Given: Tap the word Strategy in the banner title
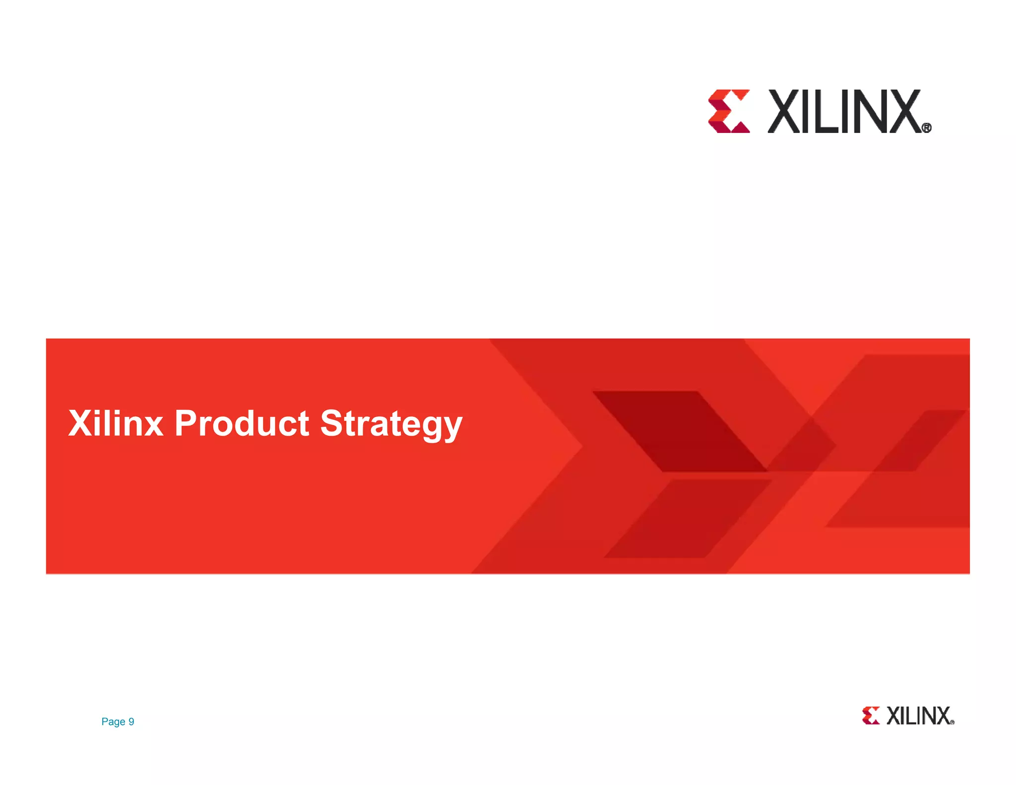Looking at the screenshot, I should [391, 424].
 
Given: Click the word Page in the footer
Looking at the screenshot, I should [113, 721].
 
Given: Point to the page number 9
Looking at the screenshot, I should [131, 721].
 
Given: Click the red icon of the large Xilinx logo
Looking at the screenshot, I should [729, 111].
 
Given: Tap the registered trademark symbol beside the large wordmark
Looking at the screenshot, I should [926, 128].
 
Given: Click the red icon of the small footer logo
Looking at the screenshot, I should [871, 716].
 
